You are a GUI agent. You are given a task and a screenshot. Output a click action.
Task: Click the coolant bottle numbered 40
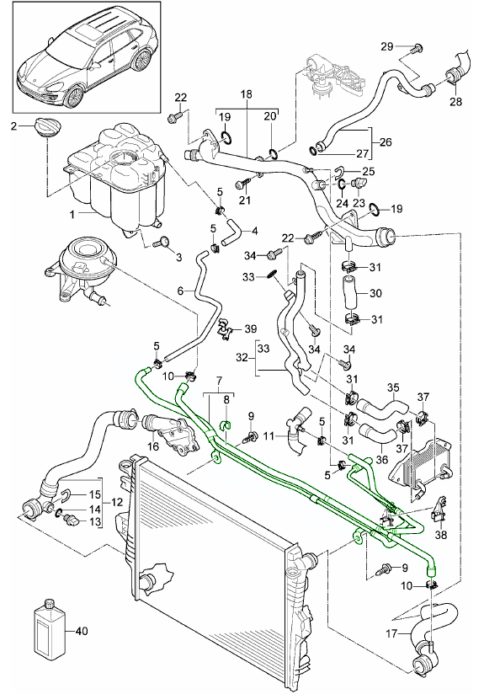click(49, 627)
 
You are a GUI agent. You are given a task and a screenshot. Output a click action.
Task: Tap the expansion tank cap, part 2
click(46, 125)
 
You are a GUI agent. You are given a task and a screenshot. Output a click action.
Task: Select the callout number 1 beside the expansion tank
click(72, 215)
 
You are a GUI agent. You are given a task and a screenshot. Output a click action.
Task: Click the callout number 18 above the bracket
click(247, 94)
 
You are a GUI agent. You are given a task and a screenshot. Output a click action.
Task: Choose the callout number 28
click(455, 101)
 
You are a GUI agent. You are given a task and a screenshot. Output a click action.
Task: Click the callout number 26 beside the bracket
click(386, 142)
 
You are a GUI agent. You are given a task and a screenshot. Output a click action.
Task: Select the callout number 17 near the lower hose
click(391, 634)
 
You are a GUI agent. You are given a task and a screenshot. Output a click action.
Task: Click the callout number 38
click(441, 535)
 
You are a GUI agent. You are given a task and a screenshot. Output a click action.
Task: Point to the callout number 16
click(153, 446)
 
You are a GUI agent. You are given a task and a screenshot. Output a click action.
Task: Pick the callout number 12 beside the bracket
click(116, 502)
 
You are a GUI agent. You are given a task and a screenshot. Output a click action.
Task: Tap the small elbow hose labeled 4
click(231, 232)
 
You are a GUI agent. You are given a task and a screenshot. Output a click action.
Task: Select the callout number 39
click(251, 328)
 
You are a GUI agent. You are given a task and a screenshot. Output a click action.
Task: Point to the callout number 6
click(180, 291)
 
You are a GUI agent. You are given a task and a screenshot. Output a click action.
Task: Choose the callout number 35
click(393, 388)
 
